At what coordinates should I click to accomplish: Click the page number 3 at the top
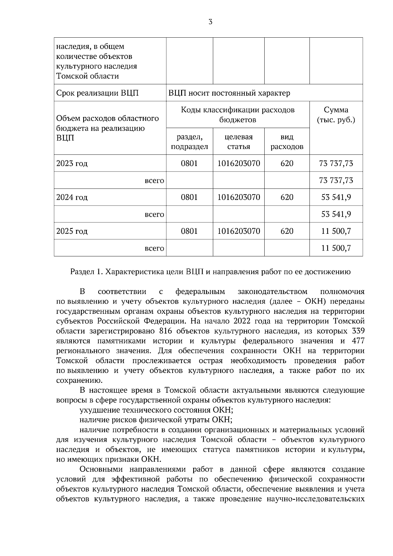210,22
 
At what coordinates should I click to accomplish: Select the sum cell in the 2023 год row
336,163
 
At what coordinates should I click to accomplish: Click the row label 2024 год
72,197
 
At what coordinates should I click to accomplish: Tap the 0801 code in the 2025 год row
189,231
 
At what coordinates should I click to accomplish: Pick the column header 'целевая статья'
238,141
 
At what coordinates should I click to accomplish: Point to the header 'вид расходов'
287,141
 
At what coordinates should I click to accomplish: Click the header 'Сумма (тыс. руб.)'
336,115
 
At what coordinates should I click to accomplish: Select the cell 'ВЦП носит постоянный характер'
229,93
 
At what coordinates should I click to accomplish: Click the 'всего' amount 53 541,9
336,214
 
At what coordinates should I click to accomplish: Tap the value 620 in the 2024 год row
287,197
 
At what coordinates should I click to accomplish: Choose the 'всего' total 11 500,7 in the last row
336,248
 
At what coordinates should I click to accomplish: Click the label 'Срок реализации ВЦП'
97,93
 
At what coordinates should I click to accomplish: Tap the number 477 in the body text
358,341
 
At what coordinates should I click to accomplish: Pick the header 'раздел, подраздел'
189,141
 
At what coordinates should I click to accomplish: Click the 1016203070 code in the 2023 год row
238,163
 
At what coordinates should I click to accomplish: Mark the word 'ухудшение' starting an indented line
100,410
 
